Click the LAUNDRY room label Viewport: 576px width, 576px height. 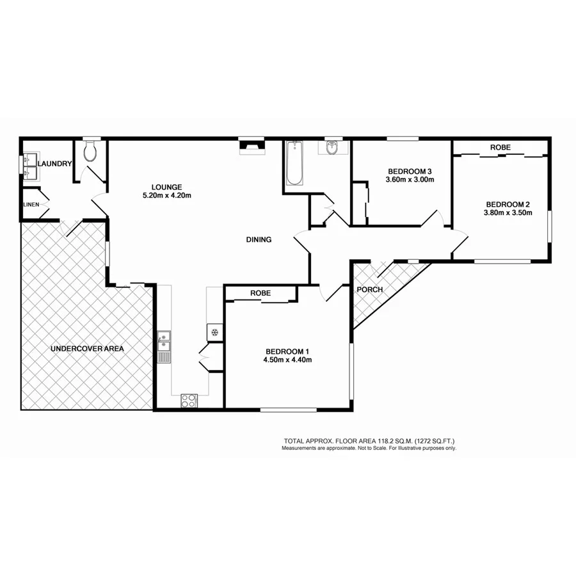click(54, 164)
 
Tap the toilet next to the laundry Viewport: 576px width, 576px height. click(91, 152)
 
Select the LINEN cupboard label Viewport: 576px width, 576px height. click(31, 204)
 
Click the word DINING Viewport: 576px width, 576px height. click(259, 240)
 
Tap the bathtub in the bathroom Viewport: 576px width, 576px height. click(295, 164)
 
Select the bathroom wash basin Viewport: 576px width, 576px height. click(333, 148)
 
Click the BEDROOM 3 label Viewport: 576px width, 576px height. click(410, 171)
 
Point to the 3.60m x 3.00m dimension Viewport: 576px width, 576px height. click(410, 180)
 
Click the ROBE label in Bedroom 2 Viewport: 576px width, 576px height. click(500, 148)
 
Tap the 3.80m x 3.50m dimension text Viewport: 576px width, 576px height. click(508, 214)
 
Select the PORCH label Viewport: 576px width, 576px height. click(370, 289)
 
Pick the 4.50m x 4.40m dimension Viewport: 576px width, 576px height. click(287, 360)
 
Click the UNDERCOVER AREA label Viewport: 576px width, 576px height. click(87, 349)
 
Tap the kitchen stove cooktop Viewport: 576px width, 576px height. click(189, 401)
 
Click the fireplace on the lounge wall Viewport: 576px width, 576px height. click(251, 147)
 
